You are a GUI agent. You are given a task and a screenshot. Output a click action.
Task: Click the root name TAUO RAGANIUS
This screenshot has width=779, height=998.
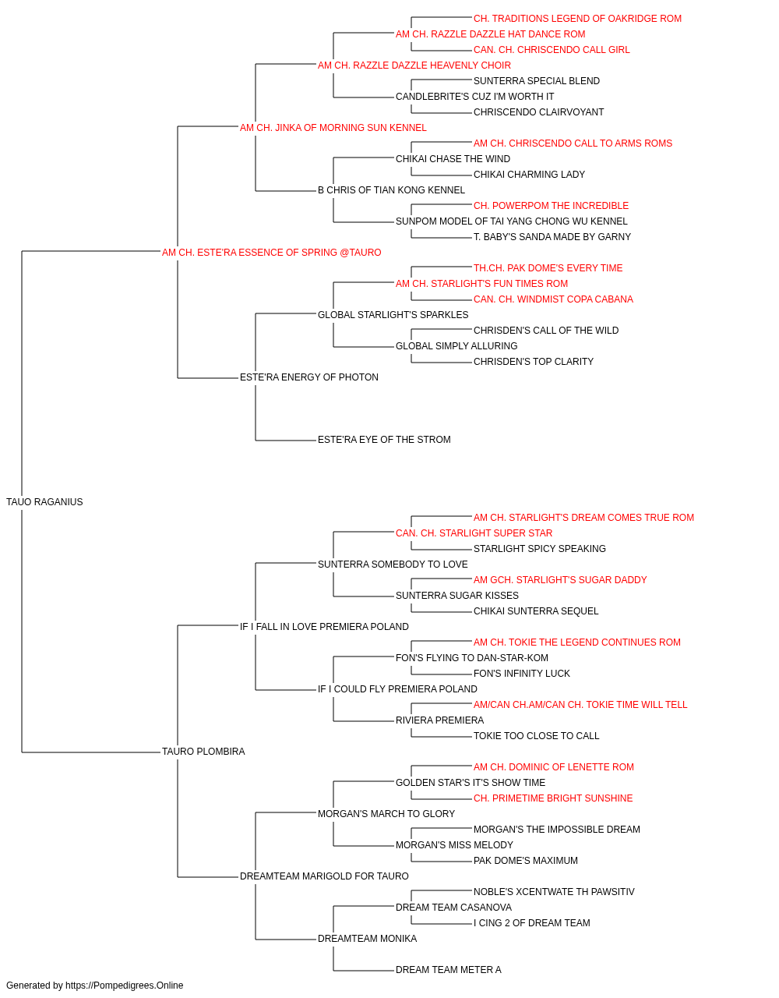[44, 502]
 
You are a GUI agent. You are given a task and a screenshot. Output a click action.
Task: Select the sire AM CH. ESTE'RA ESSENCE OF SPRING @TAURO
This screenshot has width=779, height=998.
[272, 253]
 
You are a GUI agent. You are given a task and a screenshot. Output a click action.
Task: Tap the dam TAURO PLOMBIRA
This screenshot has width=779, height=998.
[203, 752]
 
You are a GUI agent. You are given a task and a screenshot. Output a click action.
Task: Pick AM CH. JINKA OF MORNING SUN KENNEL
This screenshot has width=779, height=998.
[333, 128]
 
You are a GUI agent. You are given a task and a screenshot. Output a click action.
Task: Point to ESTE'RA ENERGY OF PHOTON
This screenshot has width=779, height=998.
[309, 377]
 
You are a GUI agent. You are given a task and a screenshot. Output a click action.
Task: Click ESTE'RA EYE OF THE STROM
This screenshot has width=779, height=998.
[384, 440]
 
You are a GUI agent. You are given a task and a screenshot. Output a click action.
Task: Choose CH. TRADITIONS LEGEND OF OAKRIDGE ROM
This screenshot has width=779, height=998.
[577, 19]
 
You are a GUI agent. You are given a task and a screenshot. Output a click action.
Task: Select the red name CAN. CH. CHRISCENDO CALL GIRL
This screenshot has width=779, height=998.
[552, 50]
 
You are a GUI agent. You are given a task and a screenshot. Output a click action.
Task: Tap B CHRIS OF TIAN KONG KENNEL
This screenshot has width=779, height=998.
[391, 190]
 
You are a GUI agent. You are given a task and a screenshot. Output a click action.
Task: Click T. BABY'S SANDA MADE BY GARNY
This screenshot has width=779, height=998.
[552, 237]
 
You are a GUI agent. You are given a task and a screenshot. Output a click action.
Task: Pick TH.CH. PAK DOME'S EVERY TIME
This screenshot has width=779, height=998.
[548, 268]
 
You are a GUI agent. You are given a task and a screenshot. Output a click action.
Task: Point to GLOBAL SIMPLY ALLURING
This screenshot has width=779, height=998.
[456, 346]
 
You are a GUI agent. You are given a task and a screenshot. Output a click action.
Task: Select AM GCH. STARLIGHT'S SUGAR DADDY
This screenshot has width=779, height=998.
[560, 580]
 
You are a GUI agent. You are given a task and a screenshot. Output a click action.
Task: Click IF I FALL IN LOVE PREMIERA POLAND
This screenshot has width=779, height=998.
[324, 627]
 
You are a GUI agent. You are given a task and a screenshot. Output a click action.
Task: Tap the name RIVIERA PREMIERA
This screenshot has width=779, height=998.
[440, 720]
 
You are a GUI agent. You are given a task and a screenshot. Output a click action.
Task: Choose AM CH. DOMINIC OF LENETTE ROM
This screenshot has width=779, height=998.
[554, 767]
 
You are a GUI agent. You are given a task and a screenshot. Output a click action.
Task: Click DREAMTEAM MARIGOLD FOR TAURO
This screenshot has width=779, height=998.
[324, 876]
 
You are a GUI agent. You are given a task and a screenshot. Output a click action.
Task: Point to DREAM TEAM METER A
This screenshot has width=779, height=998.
[449, 970]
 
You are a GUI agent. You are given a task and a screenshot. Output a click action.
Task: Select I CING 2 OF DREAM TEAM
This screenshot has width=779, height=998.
[532, 923]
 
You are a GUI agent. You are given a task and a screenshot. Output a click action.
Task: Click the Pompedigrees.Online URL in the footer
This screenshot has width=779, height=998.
[125, 986]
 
